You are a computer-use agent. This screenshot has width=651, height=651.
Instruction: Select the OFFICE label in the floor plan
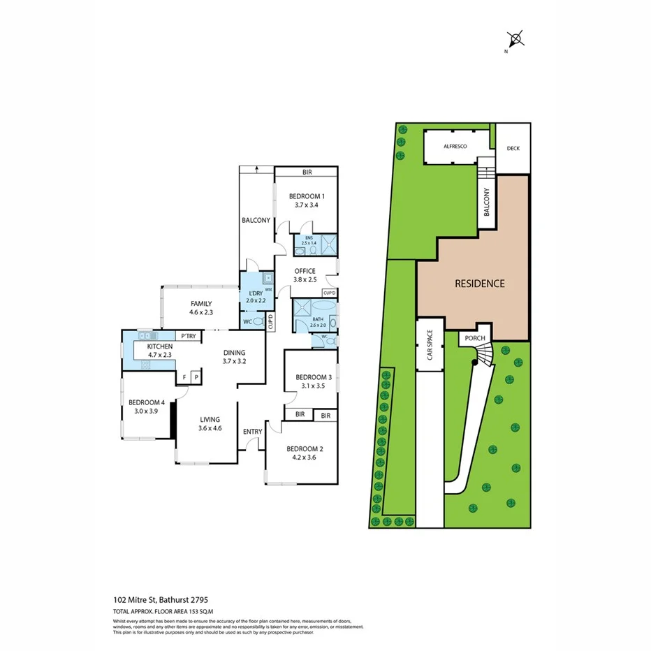pos(305,271)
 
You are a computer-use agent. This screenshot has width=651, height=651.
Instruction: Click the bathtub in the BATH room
pos(324,307)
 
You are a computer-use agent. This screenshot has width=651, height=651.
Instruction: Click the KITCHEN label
pos(159,346)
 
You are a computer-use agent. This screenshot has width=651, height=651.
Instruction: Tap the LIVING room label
pos(210,419)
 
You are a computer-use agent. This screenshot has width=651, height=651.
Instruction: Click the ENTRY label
pos(253,432)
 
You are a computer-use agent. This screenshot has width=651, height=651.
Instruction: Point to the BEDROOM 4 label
pos(147,402)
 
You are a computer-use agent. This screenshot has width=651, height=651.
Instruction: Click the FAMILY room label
pos(202,304)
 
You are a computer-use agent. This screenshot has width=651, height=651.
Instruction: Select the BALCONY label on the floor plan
pos(256,221)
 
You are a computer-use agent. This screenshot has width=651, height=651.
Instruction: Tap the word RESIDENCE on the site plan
pos(479,284)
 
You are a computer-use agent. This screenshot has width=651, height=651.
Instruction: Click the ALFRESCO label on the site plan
pos(455,147)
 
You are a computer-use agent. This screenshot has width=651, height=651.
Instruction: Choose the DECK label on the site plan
pos(513,148)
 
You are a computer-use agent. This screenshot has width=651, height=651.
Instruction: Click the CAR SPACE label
pos(430,344)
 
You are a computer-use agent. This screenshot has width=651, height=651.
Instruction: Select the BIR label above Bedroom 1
pos(306,172)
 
